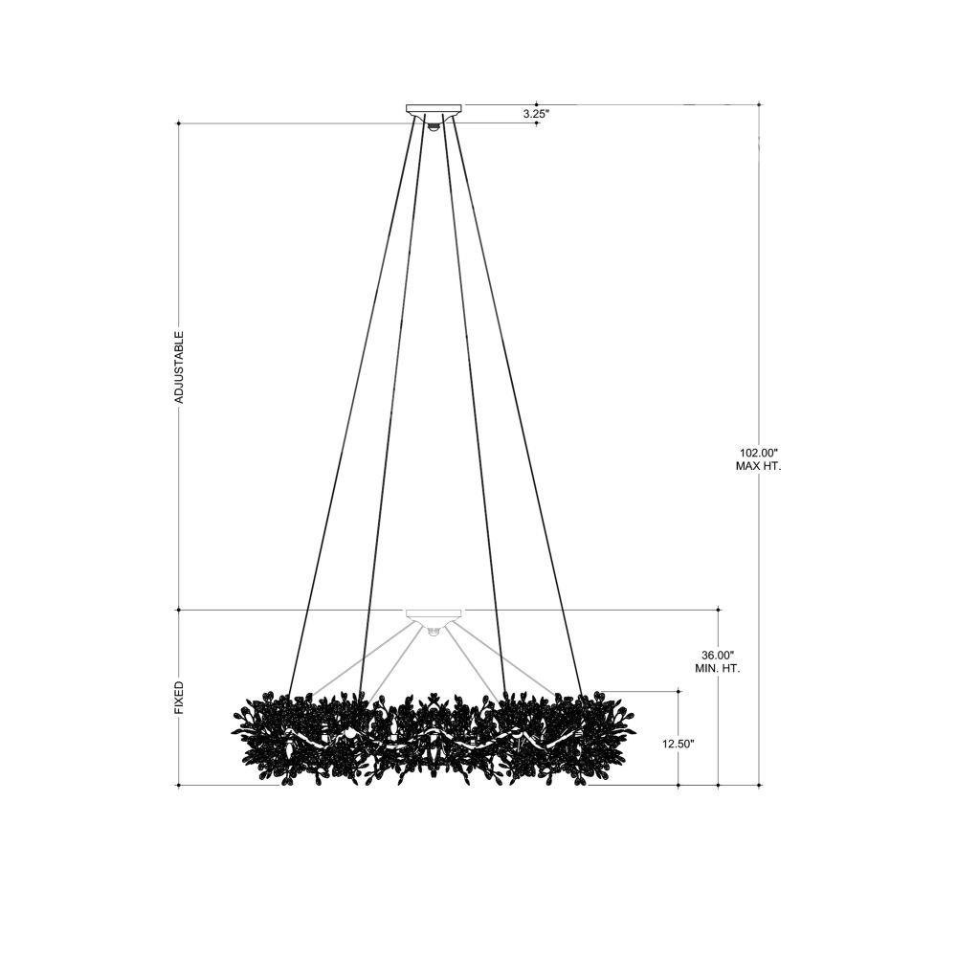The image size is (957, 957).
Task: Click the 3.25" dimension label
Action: pyautogui.click(x=537, y=114)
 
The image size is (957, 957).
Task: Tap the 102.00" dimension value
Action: pyautogui.click(x=758, y=453)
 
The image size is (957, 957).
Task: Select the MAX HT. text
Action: pyautogui.click(x=759, y=466)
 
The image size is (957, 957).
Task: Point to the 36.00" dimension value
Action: pyautogui.click(x=718, y=655)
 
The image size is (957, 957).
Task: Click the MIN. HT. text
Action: pyautogui.click(x=718, y=668)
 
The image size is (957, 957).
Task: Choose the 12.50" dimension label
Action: pyautogui.click(x=679, y=744)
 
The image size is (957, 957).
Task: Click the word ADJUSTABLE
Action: pyautogui.click(x=179, y=367)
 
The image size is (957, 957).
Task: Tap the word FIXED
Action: pyautogui.click(x=179, y=699)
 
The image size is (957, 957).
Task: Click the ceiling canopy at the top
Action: pyautogui.click(x=434, y=110)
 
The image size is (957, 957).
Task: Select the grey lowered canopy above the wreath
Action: pyautogui.click(x=434, y=615)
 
